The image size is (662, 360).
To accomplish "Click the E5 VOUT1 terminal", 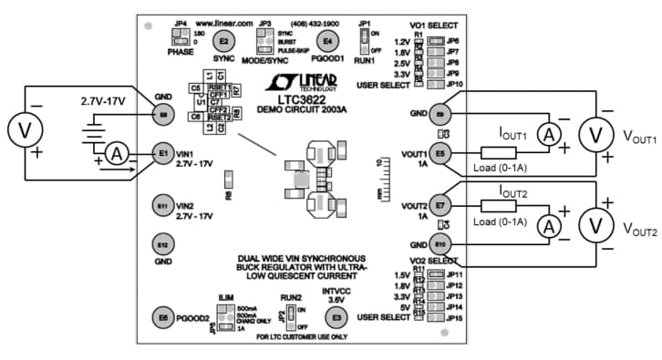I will tap(441, 154).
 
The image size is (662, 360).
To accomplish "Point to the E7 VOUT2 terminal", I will tap(441, 205).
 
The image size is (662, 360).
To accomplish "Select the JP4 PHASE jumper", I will tap(176, 36).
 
